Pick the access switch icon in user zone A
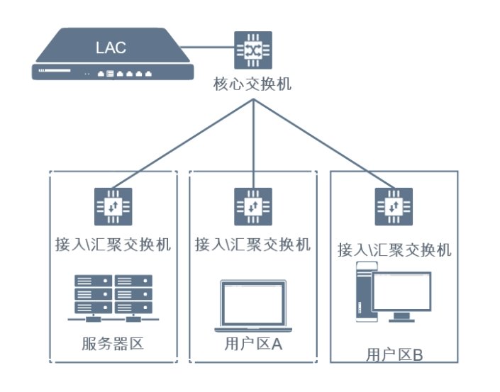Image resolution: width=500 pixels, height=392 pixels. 253,206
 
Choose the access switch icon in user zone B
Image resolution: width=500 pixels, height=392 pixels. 394,206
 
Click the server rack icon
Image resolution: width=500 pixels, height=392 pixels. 113,296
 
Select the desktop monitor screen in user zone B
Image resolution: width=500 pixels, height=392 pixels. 402,292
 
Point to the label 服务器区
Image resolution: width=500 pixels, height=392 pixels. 113,345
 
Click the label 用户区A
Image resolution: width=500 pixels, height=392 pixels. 253,345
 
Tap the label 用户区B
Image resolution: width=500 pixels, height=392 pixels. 394,355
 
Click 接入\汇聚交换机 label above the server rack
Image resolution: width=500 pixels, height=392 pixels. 113,245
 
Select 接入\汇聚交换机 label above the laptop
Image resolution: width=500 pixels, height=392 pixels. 253,245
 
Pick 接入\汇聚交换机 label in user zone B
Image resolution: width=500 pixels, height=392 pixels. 394,250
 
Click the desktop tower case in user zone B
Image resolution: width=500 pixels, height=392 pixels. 364,293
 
